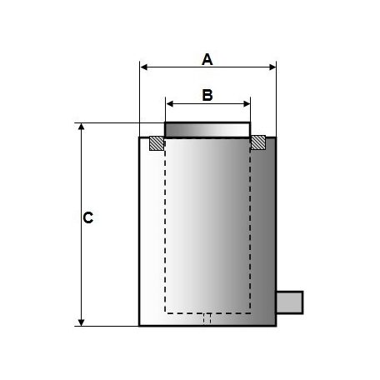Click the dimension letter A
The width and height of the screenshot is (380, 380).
208,59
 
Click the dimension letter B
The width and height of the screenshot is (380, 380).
208,95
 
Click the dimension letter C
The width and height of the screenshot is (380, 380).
87,217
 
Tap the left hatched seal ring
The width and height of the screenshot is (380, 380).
156,143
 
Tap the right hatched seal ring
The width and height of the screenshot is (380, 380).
259,143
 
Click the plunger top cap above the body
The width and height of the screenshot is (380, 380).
207,129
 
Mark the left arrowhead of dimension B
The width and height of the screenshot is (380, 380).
170,103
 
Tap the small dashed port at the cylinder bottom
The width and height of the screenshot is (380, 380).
208,319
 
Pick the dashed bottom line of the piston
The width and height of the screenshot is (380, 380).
207,312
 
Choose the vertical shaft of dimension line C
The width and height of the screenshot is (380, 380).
81,250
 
